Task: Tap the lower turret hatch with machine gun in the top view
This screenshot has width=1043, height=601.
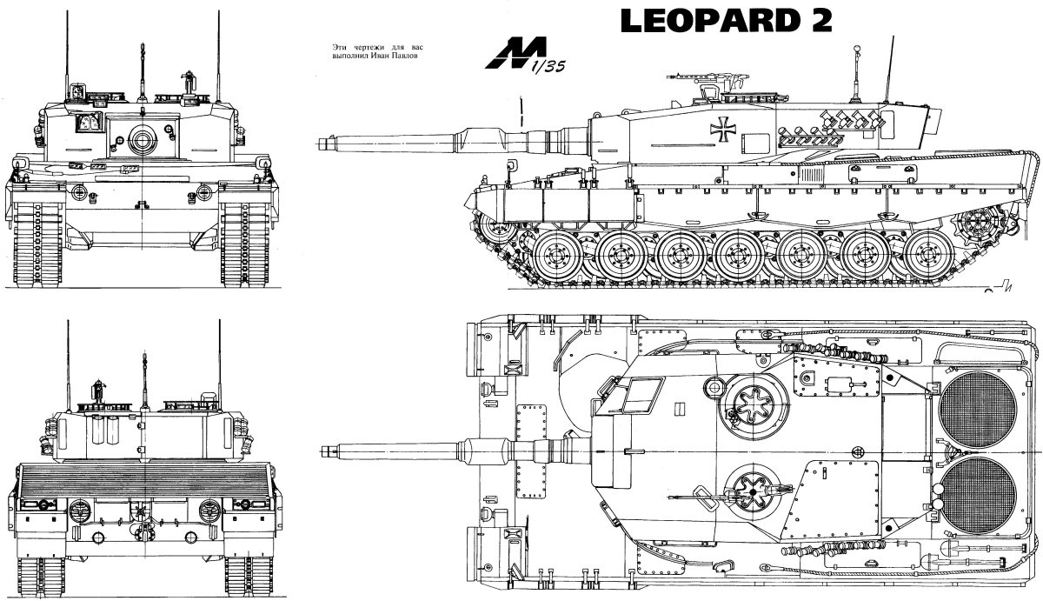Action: pyautogui.click(x=747, y=494)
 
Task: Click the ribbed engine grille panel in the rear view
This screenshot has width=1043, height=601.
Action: pyautogui.click(x=141, y=478)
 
